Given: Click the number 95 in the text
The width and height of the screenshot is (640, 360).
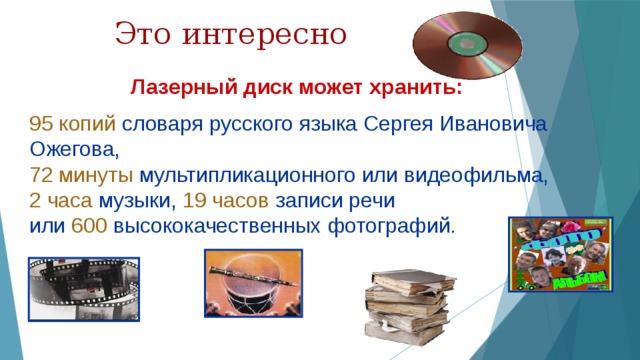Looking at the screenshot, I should pyautogui.click(x=42, y=124).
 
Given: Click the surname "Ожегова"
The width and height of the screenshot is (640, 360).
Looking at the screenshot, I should pyautogui.click(x=72, y=150).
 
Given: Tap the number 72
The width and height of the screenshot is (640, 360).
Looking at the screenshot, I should pyautogui.click(x=42, y=176).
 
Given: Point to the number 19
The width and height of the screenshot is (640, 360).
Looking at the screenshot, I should pyautogui.click(x=196, y=201).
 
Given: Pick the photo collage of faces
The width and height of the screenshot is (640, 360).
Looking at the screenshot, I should pyautogui.click(x=559, y=255).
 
